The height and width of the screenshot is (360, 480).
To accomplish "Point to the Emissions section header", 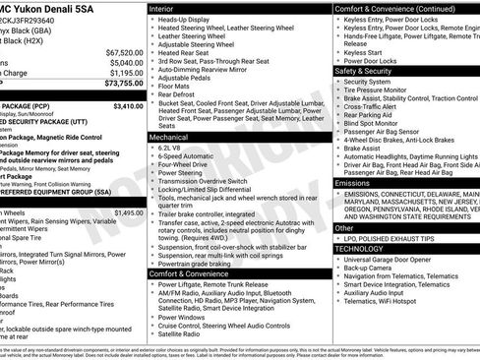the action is [x=353, y=183].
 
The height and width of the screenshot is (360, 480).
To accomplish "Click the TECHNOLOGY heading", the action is [x=361, y=249].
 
